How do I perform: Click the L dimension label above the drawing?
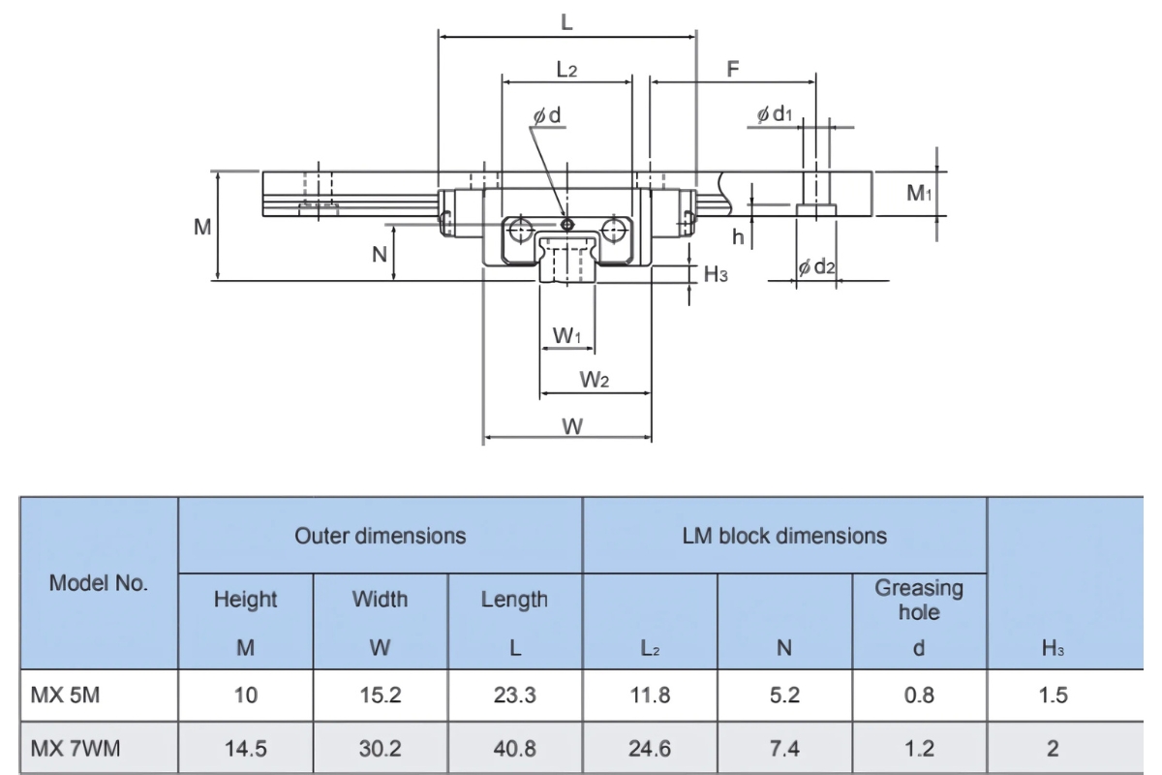(x=566, y=22)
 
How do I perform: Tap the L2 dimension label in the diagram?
(x=566, y=69)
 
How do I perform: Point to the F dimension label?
(x=732, y=69)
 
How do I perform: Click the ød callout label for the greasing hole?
(x=547, y=115)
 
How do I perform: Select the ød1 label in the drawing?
(x=775, y=113)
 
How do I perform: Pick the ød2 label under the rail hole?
(x=816, y=266)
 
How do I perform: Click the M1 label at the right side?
(x=919, y=193)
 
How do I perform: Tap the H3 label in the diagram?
(x=716, y=274)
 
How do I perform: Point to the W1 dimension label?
(x=566, y=336)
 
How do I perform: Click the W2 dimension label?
(x=595, y=380)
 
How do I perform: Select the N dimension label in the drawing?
(x=380, y=255)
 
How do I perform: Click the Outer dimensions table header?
(x=381, y=536)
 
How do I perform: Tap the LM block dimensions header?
(x=784, y=536)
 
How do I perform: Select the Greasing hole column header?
(x=919, y=600)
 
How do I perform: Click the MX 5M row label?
(x=66, y=695)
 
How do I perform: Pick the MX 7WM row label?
(x=76, y=749)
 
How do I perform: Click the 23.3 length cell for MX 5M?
(x=514, y=695)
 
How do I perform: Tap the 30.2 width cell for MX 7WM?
(x=380, y=749)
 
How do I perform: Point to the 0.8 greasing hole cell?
(x=919, y=695)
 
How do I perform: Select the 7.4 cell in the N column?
(x=784, y=749)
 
